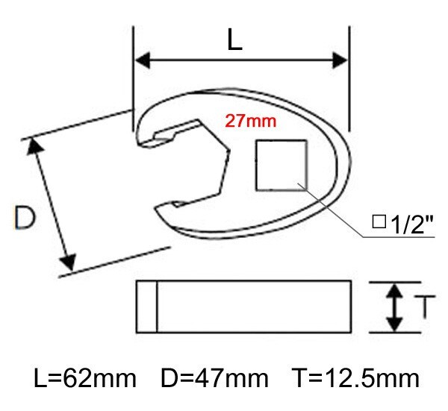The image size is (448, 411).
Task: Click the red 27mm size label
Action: (x=251, y=121)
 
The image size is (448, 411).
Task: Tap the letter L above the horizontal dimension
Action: (x=234, y=40)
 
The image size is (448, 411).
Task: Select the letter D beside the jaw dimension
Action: (x=25, y=217)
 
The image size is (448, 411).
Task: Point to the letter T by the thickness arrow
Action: (x=425, y=307)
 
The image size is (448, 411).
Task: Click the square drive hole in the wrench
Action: (x=281, y=165)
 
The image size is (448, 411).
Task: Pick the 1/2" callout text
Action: (x=412, y=225)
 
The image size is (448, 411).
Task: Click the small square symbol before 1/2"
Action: (x=379, y=222)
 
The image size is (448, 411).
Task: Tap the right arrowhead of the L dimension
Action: (x=340, y=60)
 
